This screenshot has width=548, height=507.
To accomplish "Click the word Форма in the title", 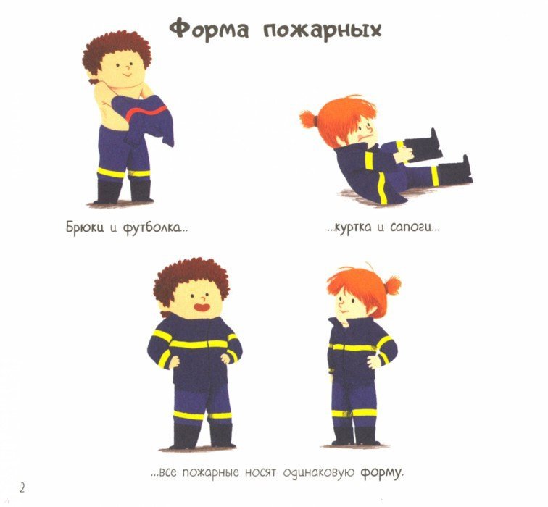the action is tap(209, 29).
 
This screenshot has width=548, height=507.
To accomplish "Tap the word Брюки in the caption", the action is tap(85, 227).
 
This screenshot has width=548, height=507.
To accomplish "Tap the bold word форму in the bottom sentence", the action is tap(381, 473).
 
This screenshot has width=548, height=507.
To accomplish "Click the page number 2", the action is tap(22, 487).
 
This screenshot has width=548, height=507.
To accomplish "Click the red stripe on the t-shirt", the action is tap(146, 112).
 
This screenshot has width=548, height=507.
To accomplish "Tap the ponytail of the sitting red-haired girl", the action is tap(309, 119).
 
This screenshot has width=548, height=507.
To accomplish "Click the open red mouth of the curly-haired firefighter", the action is tap(202, 308).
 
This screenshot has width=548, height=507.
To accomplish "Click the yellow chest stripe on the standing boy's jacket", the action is tap(198, 344).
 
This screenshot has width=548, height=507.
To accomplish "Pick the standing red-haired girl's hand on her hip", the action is tap(374, 362).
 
